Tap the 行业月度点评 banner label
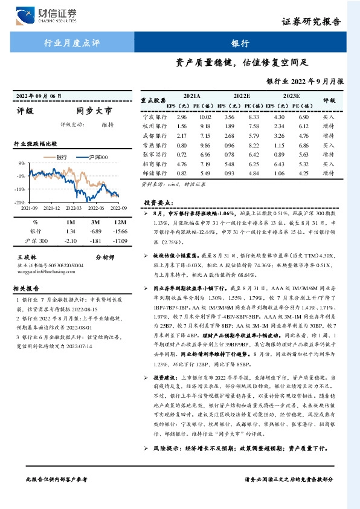[67, 43]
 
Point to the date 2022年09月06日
[39, 96]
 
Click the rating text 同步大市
[94, 111]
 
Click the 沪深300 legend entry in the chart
[97, 157]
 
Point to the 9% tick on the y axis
[21, 163]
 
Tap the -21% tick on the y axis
[20, 202]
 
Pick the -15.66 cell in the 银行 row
[109, 232]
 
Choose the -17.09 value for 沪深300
[109, 241]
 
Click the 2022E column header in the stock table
[242, 96]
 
